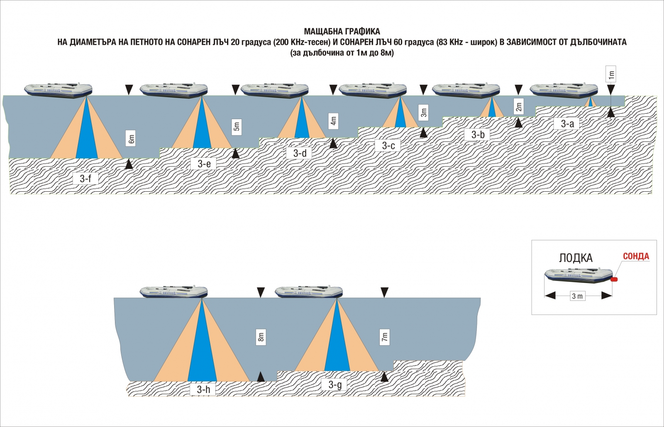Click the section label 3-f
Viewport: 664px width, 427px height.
pyautogui.click(x=85, y=178)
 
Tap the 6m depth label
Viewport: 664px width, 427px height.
pyautogui.click(x=131, y=139)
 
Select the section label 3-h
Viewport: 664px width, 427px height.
pyautogui.click(x=203, y=389)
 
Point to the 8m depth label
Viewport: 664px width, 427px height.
pyautogui.click(x=261, y=337)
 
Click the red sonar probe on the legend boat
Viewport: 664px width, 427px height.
pyautogui.click(x=614, y=279)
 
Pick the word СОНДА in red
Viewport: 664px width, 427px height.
pyautogui.click(x=636, y=256)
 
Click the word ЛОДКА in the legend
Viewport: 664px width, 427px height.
pyautogui.click(x=576, y=258)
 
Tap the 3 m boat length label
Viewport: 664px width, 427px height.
pyautogui.click(x=577, y=296)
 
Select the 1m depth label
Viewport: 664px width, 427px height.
pyautogui.click(x=611, y=74)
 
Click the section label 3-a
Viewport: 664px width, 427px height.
pyautogui.click(x=567, y=124)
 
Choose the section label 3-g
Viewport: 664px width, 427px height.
pyautogui.click(x=334, y=385)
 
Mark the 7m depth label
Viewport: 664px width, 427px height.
pyautogui.click(x=384, y=337)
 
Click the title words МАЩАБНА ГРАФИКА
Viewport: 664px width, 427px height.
pyautogui.click(x=342, y=32)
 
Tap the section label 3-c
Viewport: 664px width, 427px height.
pyautogui.click(x=388, y=146)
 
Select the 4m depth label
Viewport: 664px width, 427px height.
pyautogui.click(x=334, y=121)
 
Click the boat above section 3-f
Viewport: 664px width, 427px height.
pyautogui.click(x=58, y=90)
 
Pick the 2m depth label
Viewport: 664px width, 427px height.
pyautogui.click(x=518, y=106)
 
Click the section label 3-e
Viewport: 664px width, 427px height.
pyautogui.click(x=204, y=163)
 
